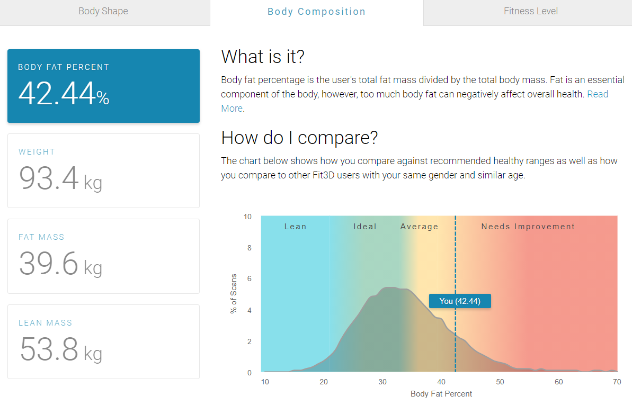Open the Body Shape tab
[x=103, y=11]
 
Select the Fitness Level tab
[x=530, y=11]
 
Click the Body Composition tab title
[x=316, y=12]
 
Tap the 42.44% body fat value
[x=64, y=93]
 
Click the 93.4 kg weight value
[x=60, y=178]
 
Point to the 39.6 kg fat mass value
[x=60, y=264]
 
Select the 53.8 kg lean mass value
[x=60, y=349]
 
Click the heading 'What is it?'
[x=263, y=56]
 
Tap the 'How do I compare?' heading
[x=299, y=138]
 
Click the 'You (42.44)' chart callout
[x=460, y=301]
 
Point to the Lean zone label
[x=296, y=227]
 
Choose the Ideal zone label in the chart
[x=365, y=227]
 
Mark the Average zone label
[x=419, y=227]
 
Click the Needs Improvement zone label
[x=528, y=227]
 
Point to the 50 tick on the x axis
[x=500, y=382]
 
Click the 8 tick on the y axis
[x=250, y=248]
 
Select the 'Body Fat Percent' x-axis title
[x=441, y=394]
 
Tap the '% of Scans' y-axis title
[x=234, y=294]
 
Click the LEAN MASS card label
[x=45, y=323]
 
